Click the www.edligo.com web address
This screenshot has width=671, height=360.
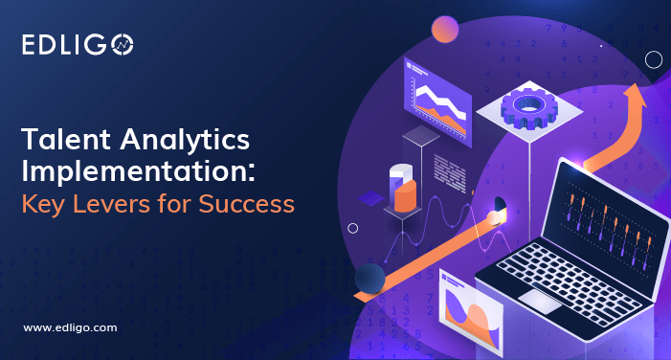tap(70, 327)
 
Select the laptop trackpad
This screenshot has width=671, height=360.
tap(542, 300)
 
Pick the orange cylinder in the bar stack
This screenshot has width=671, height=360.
tap(407, 193)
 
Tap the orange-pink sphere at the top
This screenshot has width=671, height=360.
tap(444, 30)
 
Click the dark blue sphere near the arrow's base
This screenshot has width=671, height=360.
tap(369, 279)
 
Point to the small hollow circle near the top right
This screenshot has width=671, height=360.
tap(654, 59)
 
